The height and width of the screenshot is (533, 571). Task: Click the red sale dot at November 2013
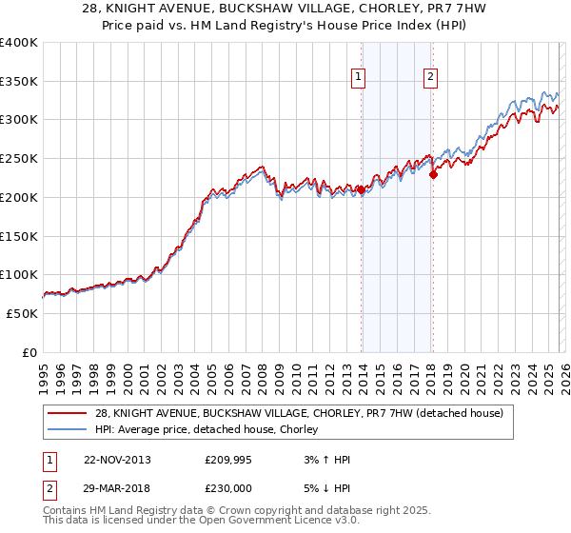362,189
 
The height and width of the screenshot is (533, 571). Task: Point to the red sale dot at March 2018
434,174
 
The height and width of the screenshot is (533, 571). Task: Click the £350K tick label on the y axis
19,82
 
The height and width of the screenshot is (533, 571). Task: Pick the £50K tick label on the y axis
23,313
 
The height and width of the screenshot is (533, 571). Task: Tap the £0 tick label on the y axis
29,352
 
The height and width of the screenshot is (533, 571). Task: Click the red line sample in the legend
67,413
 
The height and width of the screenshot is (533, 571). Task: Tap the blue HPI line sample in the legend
67,429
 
